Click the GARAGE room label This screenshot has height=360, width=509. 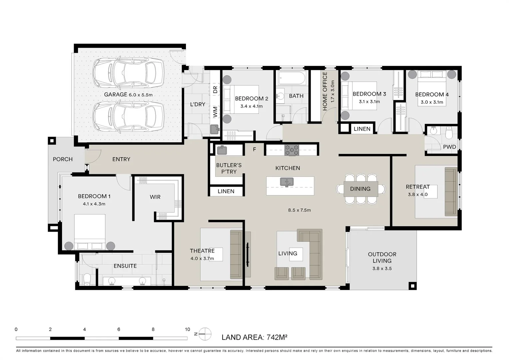tap(116, 95)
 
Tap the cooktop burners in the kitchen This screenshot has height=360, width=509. tap(291, 150)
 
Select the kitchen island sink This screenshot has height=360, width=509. tap(287, 182)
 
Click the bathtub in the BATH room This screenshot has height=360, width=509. tap(292, 78)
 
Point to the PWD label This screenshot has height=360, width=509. tap(449, 147)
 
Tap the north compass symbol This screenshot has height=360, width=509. tap(205, 334)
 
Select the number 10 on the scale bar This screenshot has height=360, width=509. tap(187, 329)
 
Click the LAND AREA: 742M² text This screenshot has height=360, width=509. tap(254, 337)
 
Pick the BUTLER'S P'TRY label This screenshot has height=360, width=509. tap(229, 169)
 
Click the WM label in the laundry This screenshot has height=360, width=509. tap(215, 112)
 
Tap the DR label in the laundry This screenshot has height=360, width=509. tap(215, 89)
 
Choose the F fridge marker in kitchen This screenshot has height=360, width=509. tap(254, 149)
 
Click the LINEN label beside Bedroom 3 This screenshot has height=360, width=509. tap(362, 129)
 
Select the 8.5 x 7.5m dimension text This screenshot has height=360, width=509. tap(299, 210)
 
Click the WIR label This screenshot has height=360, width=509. tap(155, 197)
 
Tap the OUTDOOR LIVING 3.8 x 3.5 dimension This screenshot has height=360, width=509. tap(382, 269)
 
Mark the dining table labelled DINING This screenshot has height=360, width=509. tap(361, 189)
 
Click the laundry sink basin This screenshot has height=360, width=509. tap(214, 129)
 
